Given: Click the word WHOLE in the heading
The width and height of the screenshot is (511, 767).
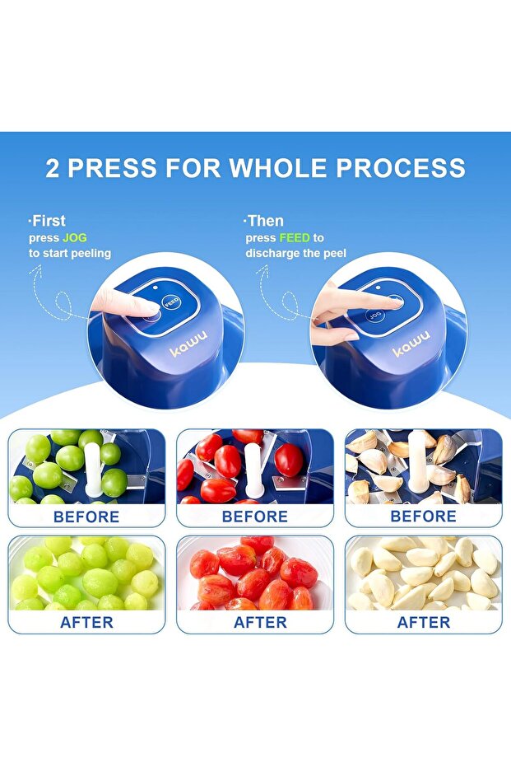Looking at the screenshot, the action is pos(278,168).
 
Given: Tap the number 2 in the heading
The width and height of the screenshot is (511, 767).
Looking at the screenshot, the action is pos(53,168).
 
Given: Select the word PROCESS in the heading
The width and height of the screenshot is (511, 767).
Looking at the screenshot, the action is pos(401,168).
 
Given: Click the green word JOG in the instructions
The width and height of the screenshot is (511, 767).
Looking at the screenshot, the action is pos(75,238).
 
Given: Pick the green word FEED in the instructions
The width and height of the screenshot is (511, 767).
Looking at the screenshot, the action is pos(295,238).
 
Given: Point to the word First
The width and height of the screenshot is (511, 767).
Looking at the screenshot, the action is pos(49,221).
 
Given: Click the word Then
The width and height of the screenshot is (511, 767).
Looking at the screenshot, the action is pos(265,221).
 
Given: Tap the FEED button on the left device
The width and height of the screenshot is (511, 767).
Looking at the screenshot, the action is pos(171,302).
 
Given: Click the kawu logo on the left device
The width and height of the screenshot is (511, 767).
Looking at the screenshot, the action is pos(188,343).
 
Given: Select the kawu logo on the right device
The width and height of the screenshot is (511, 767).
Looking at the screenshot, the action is pos(411,343).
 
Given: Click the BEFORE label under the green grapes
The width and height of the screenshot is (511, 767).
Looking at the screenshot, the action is pos(86,517).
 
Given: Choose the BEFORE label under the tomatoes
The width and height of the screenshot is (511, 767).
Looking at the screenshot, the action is pos(254,517).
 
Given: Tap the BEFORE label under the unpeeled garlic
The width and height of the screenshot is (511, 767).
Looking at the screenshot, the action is pos(423,516).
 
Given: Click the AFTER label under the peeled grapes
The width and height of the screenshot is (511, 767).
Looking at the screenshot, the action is pos(86,622).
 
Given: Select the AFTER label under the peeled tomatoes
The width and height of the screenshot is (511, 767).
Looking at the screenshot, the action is pos(260,622).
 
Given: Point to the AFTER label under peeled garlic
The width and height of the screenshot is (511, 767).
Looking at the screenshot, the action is pos(424,622).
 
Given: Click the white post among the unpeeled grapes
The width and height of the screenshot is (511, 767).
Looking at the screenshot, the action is pos(92,470).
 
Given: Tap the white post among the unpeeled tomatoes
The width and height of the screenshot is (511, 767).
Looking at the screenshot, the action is pos(253,470).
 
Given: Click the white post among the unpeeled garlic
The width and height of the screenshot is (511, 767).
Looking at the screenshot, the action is pos(418,463).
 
